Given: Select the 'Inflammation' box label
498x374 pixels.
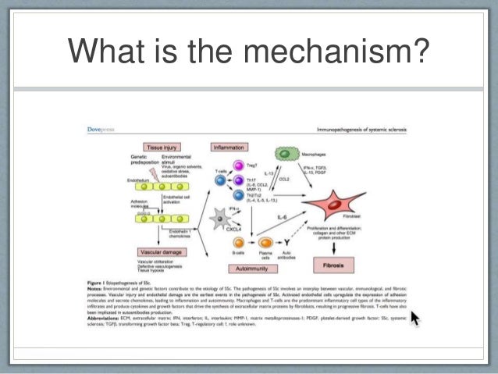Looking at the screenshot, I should (x=231, y=146).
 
